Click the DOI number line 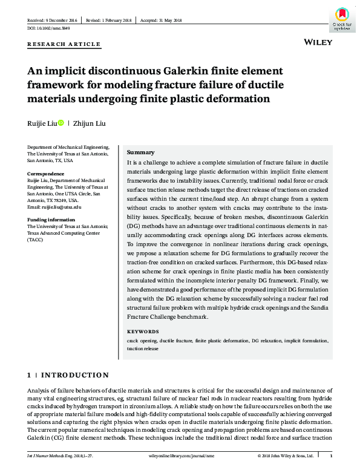coord(49,28)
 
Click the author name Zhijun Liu coord(90,123)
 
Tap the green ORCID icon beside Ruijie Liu coord(61,123)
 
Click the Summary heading coord(140,152)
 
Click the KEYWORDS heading coord(143,332)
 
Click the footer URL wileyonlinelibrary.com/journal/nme coord(179,455)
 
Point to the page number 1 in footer coord(330,455)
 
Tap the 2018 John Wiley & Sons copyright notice coord(285,455)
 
